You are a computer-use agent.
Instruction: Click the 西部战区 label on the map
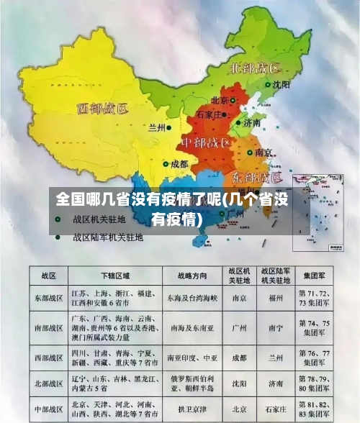[x=103, y=109]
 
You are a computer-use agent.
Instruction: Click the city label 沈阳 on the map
[x=282, y=84]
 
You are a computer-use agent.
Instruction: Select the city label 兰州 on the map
[x=157, y=127]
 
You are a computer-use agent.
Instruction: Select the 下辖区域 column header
[x=115, y=276]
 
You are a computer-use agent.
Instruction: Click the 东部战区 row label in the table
[x=49, y=297]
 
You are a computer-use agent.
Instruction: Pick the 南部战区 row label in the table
[x=49, y=327]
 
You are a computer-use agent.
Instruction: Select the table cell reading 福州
[x=275, y=297]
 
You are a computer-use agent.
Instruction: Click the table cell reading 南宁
[x=275, y=327]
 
